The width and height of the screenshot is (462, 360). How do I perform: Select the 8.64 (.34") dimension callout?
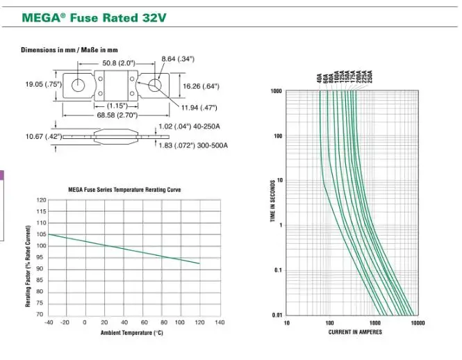coord(177,58)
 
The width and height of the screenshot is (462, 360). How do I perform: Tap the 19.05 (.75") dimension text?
coord(44,84)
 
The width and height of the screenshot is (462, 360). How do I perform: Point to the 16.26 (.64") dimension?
coord(201,86)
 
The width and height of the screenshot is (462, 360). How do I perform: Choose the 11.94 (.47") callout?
coord(199,108)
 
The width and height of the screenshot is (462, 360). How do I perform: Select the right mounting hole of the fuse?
coord(157,85)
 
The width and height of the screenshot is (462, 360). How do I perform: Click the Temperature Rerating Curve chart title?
coord(125,190)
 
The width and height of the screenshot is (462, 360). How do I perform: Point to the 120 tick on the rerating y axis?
coord(41,200)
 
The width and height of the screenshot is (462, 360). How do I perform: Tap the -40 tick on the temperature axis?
coord(49,322)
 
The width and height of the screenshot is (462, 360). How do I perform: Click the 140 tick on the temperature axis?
coord(220,322)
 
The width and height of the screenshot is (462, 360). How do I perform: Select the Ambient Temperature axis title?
coord(131,333)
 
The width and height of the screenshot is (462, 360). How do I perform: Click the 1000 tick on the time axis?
coord(277,91)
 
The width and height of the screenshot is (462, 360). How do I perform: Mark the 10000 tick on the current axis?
coord(417,322)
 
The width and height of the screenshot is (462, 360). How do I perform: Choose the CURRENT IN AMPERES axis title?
coord(355,332)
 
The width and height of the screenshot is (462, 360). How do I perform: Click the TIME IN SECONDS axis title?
coord(272,202)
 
